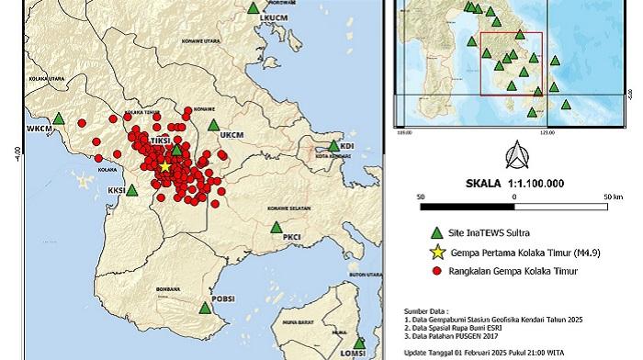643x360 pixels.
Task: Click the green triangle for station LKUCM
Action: click(x=254, y=8)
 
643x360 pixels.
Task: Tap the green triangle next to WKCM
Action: click(x=59, y=118)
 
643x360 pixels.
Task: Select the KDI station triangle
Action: click(x=334, y=144)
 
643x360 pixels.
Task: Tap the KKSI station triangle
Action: click(x=132, y=190)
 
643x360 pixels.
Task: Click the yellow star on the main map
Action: click(x=164, y=167)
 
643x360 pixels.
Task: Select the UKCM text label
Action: click(x=230, y=135)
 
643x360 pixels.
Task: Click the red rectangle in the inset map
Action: click(x=511, y=63)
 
